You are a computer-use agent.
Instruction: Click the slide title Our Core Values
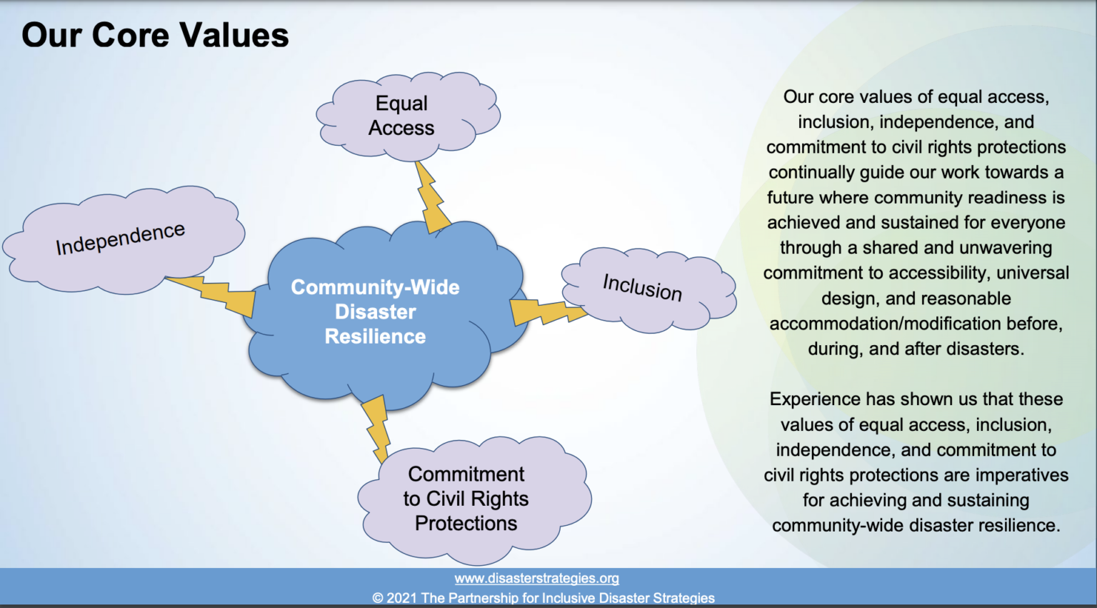pos(155,35)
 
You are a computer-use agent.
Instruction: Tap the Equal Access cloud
pos(408,116)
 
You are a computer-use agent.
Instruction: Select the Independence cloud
pos(124,239)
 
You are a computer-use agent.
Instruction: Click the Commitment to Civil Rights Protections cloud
pos(474,499)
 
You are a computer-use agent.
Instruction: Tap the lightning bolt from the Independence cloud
pos(211,295)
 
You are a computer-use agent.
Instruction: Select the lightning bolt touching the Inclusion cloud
pos(548,312)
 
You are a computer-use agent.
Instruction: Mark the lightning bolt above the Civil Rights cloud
pos(376,429)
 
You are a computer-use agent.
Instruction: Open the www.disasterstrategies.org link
pos(537,578)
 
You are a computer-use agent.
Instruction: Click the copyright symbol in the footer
pos(378,598)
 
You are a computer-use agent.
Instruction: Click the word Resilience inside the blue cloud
pos(375,337)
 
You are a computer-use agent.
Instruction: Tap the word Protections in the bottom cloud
pos(466,523)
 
